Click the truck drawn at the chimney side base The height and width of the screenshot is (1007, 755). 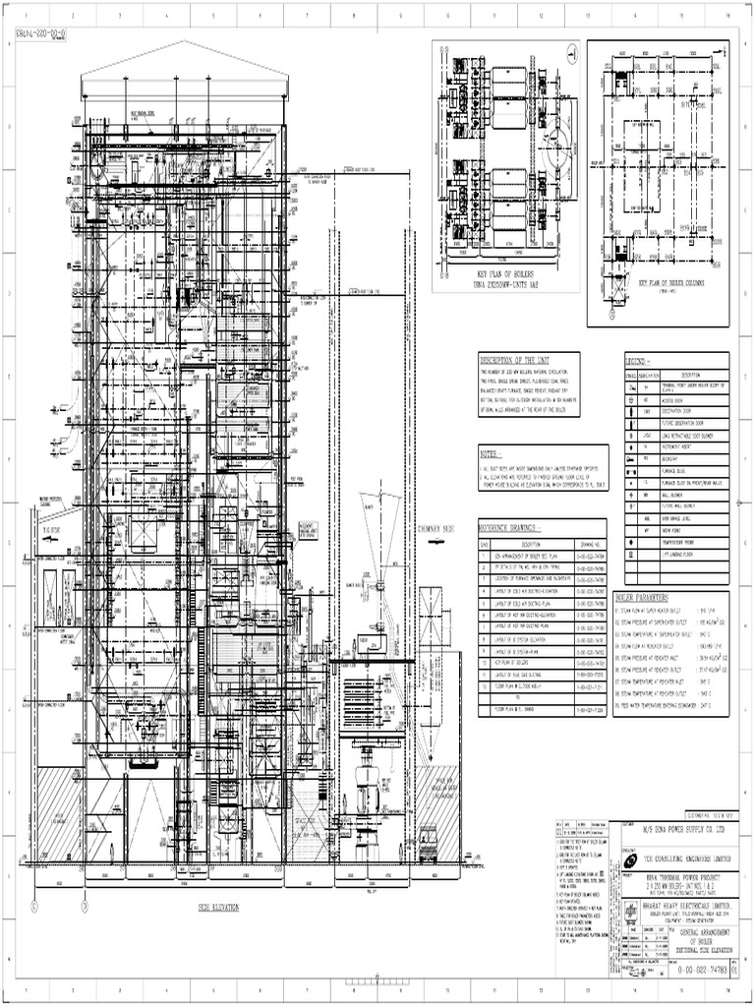coord(430,845)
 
